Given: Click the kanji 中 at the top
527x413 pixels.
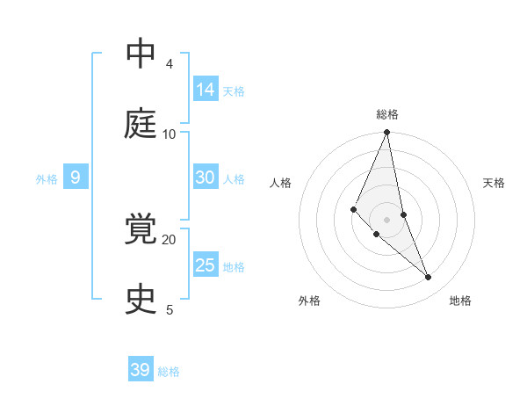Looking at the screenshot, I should [141, 54].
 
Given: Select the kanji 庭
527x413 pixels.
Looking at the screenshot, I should [141, 125].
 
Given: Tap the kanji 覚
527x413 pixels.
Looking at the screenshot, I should [141, 230].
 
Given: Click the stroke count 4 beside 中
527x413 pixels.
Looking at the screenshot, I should [170, 64].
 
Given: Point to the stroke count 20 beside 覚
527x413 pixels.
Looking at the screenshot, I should [170, 239].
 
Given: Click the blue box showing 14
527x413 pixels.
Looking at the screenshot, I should [206, 89].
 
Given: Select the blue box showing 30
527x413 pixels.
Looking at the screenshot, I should [206, 178].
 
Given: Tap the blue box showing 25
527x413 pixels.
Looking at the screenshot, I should [206, 265].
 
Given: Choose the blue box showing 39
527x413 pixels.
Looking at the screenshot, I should [141, 370].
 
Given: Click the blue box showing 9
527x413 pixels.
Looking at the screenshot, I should [76, 178].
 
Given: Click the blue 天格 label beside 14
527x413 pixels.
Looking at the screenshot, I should [234, 91].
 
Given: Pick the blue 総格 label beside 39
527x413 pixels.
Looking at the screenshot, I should [169, 372].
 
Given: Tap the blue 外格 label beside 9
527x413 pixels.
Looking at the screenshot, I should [47, 179].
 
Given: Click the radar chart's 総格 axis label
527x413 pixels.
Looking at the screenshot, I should [387, 114].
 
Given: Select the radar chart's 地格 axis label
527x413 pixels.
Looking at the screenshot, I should [460, 301].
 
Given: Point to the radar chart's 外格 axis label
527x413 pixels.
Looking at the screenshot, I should [309, 301].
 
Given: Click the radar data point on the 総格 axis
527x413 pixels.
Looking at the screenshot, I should [387, 133].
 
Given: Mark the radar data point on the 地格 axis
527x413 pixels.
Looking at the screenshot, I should [429, 277].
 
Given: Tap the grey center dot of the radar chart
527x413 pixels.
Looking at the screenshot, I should [387, 219].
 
